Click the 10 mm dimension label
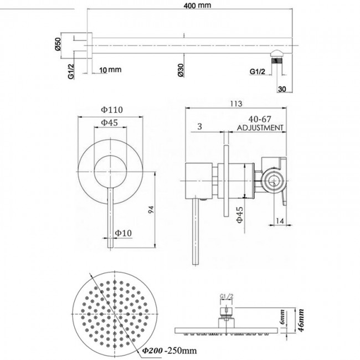point(110,70)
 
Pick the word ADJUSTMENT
point(260,127)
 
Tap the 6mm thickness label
point(282,317)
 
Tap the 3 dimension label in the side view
point(198,127)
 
